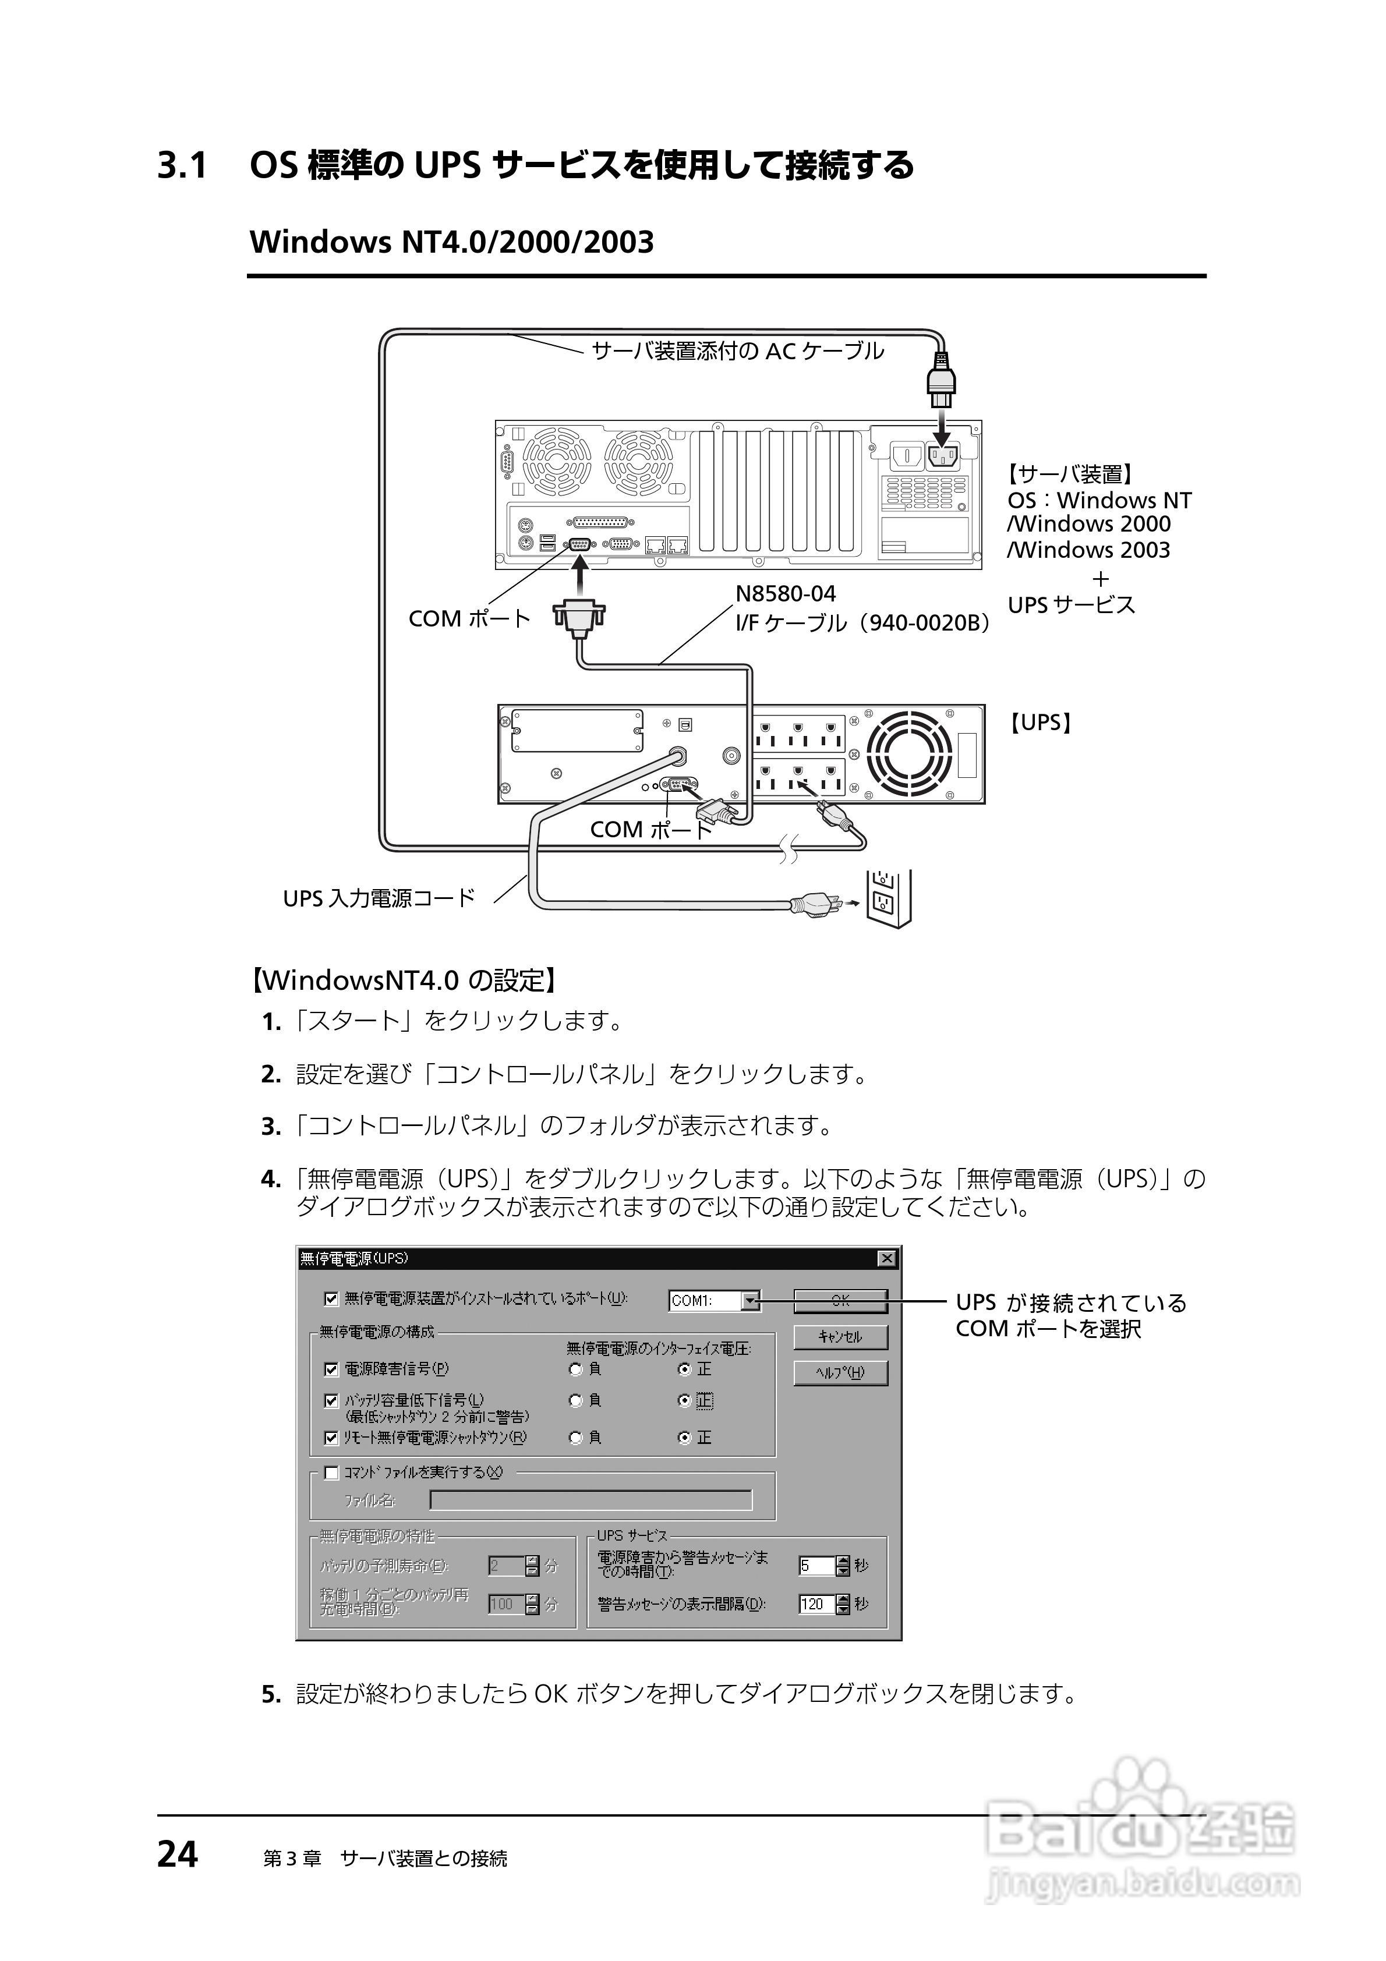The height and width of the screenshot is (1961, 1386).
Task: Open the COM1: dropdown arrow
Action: pos(749,1301)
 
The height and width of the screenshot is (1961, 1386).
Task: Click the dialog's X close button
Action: pos(887,1258)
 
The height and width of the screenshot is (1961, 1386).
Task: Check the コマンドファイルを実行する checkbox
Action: pos(331,1472)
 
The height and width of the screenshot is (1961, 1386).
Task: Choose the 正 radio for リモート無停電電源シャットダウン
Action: pos(684,1438)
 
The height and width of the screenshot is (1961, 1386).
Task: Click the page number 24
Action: pos(178,1854)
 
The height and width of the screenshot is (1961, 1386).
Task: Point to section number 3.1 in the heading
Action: pos(182,166)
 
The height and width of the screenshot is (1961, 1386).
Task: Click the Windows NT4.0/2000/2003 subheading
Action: pos(451,243)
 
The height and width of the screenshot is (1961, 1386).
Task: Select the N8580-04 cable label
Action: pos(785,593)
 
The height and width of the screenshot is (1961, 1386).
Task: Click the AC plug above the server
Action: pos(942,384)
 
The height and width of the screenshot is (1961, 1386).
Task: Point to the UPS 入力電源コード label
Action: pos(379,898)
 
